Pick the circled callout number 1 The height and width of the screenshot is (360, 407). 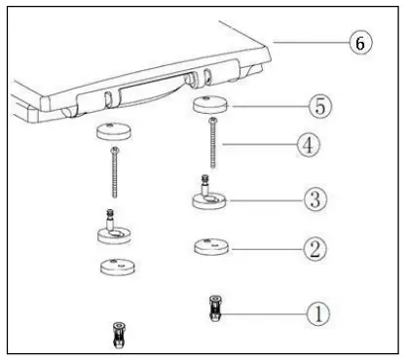click(317, 313)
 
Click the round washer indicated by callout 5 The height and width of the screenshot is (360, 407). click(210, 104)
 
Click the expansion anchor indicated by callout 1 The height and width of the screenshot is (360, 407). click(212, 310)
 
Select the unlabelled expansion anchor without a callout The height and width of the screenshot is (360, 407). click(118, 335)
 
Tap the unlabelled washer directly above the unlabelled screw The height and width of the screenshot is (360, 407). click(114, 130)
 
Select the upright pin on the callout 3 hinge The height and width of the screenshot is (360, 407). click(204, 183)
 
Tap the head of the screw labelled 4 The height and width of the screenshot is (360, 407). click(212, 121)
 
